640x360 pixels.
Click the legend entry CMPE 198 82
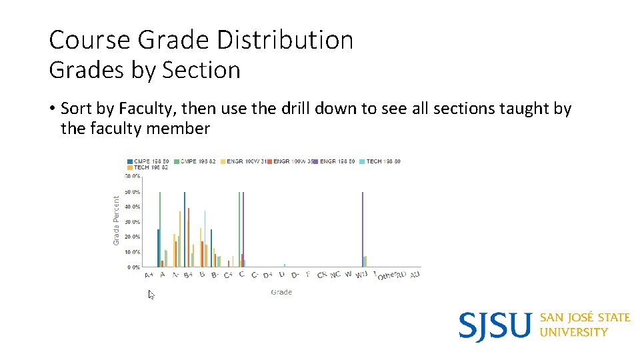[x=197, y=161]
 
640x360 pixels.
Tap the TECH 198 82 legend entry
[x=151, y=168]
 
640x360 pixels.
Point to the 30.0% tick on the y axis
[x=132, y=222]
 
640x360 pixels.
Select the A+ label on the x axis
[x=149, y=275]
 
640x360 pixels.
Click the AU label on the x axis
[x=415, y=275]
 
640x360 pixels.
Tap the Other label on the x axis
[x=387, y=275]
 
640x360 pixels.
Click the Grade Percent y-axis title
[x=117, y=220]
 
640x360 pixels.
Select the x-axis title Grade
[x=281, y=292]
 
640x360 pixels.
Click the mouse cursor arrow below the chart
[x=151, y=294]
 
